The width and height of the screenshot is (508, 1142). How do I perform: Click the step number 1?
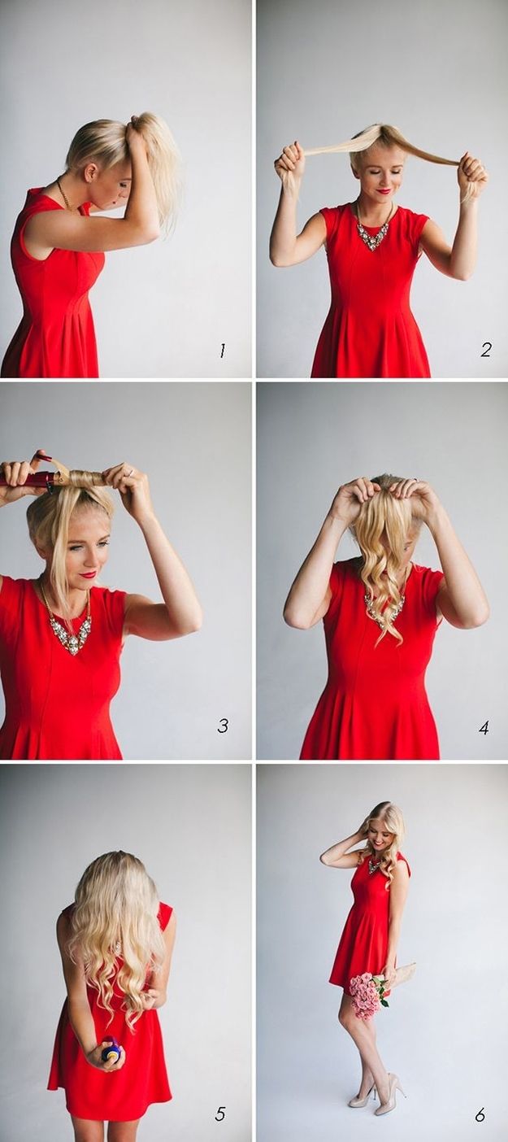221,351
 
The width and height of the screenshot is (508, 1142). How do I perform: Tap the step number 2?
485,350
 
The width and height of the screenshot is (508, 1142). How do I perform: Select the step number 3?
222,725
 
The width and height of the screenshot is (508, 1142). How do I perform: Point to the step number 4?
484,727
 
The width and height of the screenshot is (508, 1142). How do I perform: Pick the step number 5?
219,1114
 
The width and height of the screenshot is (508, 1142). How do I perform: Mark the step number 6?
480,1114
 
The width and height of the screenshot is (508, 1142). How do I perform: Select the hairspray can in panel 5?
111,1052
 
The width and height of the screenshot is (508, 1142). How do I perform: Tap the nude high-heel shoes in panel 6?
378,1092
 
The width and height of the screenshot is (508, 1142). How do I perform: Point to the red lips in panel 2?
383,191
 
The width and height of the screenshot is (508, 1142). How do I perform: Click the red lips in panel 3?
88,574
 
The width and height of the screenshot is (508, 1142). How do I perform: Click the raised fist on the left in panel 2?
289,162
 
